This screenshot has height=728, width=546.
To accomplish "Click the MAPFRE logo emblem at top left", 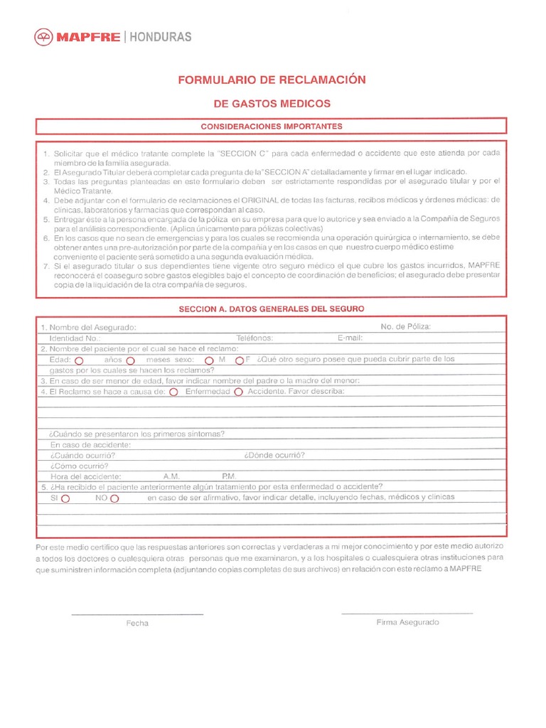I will (x=45, y=37).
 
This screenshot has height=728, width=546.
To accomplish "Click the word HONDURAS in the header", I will (x=160, y=37).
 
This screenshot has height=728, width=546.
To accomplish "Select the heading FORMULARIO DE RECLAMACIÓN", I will (x=272, y=80).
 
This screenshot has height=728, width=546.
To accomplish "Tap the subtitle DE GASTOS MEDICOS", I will (x=272, y=104).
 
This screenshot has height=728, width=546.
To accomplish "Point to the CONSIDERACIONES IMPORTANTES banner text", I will (x=272, y=127).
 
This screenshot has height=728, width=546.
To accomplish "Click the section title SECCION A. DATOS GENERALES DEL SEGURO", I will (x=272, y=309).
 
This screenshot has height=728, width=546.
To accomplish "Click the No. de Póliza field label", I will (x=405, y=327).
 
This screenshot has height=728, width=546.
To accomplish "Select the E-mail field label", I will (x=350, y=338).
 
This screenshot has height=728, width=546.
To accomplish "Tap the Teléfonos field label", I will (x=255, y=338).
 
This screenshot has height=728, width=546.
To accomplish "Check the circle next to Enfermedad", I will (x=174, y=392).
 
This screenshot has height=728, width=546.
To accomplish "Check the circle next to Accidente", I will (x=239, y=392).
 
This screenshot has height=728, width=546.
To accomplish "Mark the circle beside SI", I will (x=65, y=499).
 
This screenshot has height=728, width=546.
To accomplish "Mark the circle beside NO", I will (x=114, y=499).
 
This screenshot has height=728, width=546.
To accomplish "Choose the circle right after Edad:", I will (x=79, y=360).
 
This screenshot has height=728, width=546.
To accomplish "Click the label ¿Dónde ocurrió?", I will (x=274, y=455).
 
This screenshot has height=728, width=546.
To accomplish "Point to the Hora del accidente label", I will (x=85, y=476).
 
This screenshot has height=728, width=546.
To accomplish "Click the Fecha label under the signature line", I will (x=137, y=623).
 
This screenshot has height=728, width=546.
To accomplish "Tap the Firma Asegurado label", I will (x=407, y=622).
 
